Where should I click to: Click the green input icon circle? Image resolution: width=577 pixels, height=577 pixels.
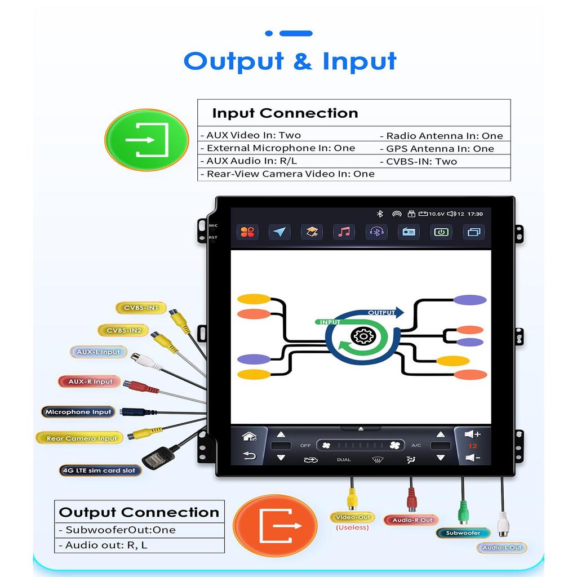[x=147, y=140]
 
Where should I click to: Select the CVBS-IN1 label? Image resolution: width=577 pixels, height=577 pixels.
[x=141, y=308]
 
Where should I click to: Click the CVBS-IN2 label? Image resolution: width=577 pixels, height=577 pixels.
[x=124, y=330]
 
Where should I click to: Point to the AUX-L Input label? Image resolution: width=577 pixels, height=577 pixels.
[x=99, y=352]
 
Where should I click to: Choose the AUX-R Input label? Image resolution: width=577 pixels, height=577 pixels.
[x=90, y=381]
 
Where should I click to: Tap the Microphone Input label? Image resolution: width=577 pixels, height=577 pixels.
[x=78, y=412]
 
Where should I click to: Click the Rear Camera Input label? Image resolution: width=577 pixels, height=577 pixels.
[x=81, y=438]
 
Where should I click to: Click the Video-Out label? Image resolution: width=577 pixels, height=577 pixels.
[x=352, y=517]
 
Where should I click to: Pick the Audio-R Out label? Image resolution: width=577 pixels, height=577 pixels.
[x=412, y=520]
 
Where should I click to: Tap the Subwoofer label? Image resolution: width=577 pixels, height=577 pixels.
[x=463, y=532]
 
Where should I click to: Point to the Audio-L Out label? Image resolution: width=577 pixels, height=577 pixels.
[x=501, y=547]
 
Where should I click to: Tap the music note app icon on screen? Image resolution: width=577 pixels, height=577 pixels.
[x=344, y=232]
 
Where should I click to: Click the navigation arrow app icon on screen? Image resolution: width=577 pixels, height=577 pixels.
[x=279, y=232]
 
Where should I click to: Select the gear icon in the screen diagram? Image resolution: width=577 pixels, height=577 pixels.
[x=362, y=337]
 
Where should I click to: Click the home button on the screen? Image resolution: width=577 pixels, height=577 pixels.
[x=249, y=437]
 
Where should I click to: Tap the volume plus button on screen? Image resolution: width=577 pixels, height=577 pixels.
[x=472, y=434]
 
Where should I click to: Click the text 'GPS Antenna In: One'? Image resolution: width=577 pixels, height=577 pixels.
[x=440, y=149]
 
